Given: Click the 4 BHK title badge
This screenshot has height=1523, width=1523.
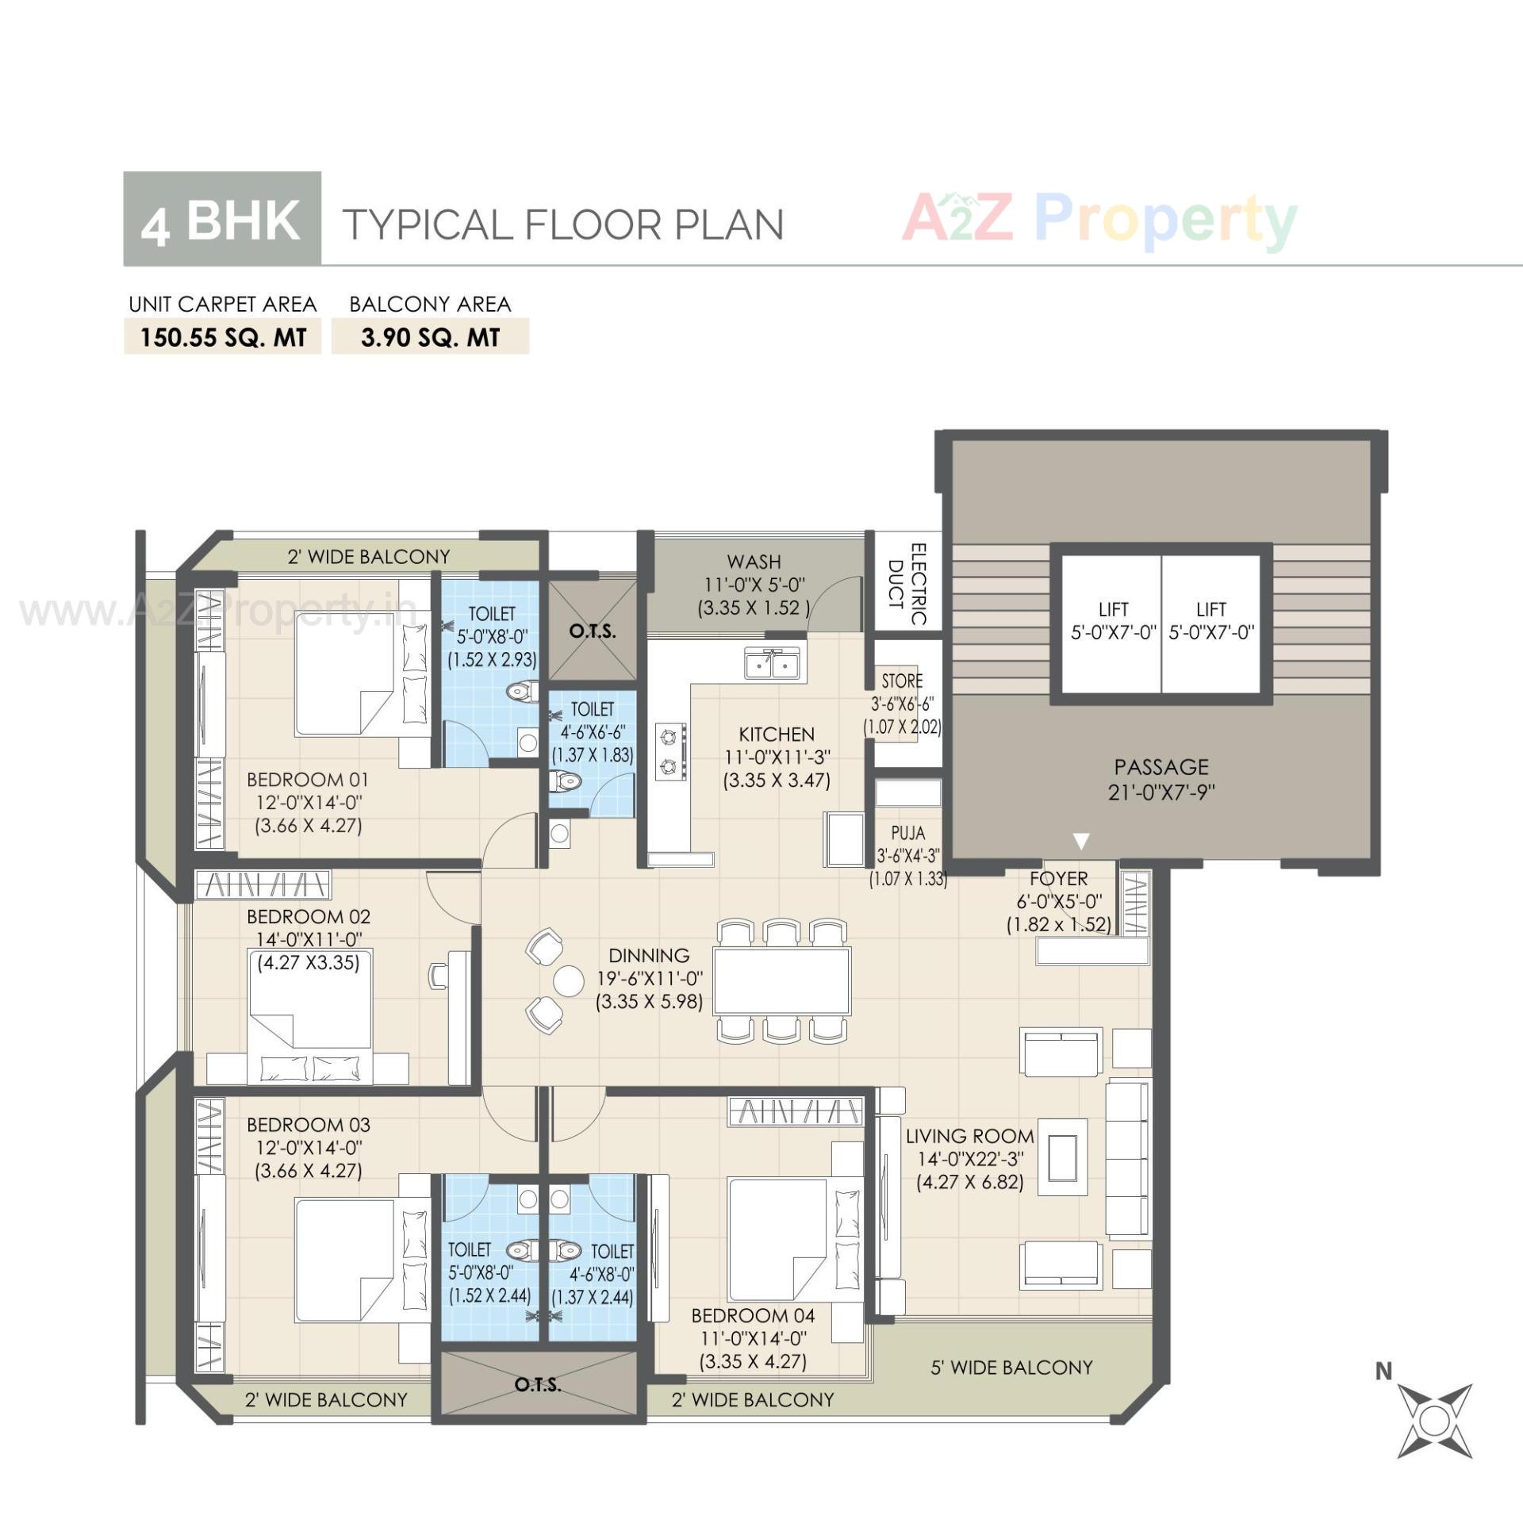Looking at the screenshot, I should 222,219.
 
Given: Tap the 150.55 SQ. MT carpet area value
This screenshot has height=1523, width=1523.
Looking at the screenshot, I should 223,337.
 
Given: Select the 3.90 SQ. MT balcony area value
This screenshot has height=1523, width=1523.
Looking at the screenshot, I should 430,337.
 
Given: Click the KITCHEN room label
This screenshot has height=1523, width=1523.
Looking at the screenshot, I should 776,734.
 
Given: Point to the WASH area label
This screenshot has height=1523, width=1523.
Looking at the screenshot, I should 754,562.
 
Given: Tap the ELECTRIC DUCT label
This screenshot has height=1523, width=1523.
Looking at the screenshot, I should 907,585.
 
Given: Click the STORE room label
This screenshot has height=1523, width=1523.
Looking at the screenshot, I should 902,681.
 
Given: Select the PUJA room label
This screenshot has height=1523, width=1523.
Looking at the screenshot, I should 907,833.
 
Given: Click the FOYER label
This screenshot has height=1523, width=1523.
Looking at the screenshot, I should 1058,878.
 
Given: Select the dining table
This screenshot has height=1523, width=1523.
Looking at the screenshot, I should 781,980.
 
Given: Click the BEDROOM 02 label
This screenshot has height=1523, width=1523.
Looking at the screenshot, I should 308,916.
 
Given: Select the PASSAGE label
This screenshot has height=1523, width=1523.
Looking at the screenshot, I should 1160,767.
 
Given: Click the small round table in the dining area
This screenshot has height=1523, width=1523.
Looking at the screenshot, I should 568,980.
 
